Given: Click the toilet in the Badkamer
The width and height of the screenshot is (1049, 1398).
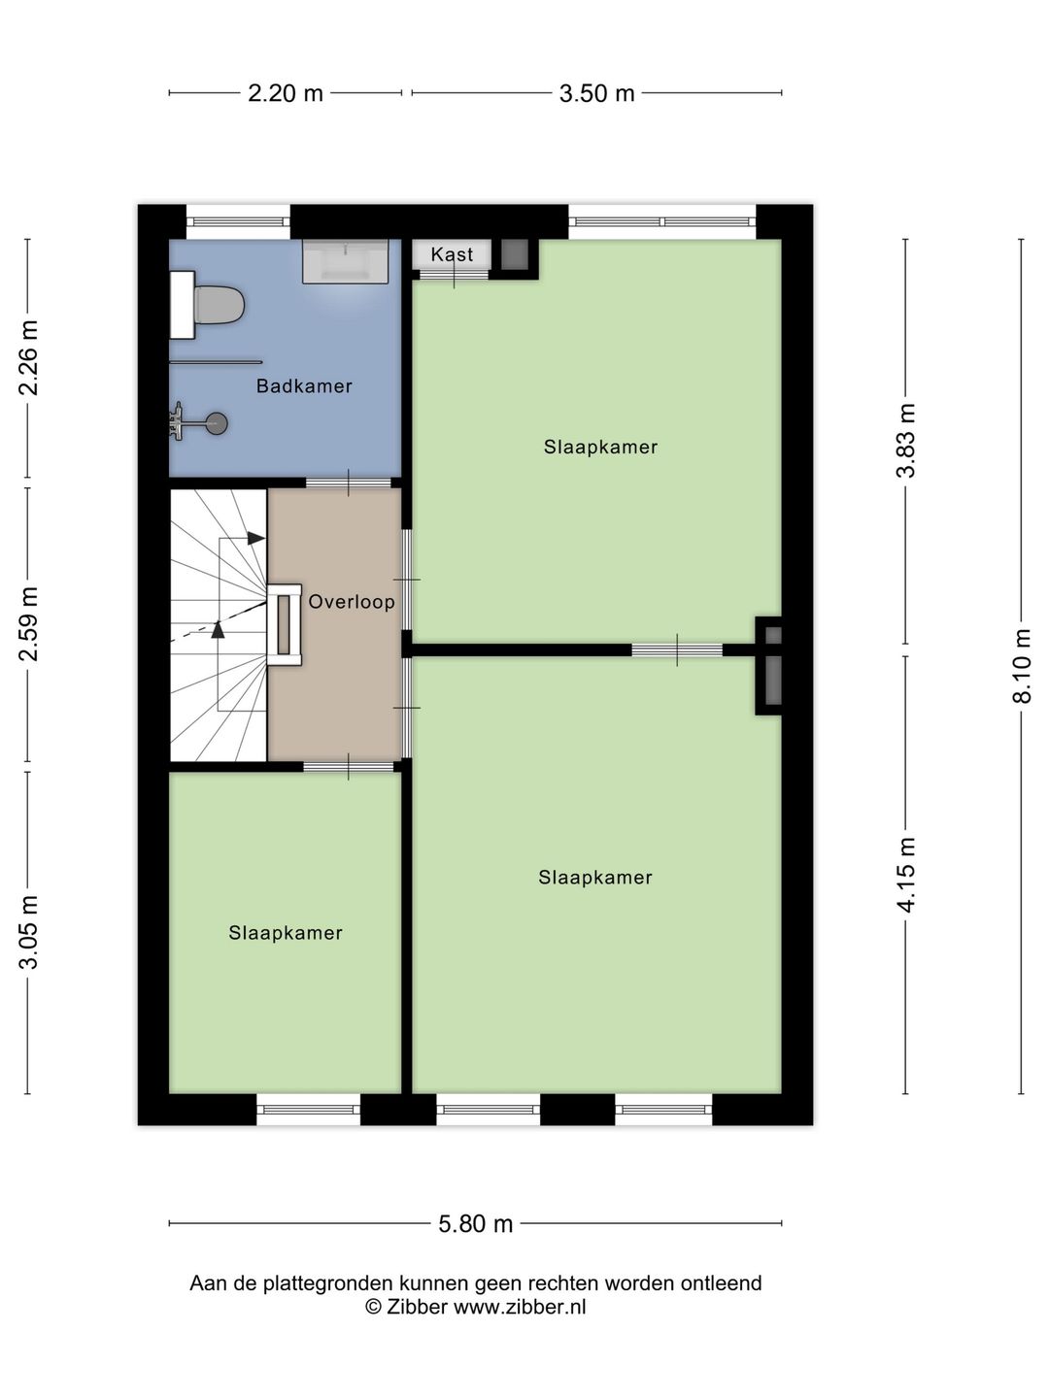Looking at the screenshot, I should click(x=218, y=305).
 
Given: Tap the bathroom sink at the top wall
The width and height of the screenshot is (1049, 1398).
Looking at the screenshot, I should click(x=345, y=260).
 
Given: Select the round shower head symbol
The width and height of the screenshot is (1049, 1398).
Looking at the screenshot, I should click(x=218, y=423).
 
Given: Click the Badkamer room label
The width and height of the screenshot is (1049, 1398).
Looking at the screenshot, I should click(x=304, y=386).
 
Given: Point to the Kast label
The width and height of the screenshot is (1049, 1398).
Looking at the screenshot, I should click(x=452, y=254).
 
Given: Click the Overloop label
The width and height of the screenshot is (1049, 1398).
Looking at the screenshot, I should click(x=352, y=602).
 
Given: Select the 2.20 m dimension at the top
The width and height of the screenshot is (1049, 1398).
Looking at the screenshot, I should click(x=286, y=93).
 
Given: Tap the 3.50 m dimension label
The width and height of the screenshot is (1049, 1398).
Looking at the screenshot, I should click(x=596, y=93).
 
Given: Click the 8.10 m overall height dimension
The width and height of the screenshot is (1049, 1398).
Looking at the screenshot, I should click(x=1021, y=666).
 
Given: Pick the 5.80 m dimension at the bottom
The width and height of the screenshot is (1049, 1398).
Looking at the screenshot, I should click(x=475, y=1223).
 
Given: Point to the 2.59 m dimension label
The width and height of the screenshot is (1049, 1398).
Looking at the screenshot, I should click(x=29, y=623).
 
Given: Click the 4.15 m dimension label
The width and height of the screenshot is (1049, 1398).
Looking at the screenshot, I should click(x=906, y=874).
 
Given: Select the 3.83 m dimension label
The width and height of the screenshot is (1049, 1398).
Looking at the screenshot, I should click(x=906, y=440).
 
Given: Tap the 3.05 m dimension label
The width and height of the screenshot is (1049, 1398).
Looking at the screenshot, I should click(x=29, y=932).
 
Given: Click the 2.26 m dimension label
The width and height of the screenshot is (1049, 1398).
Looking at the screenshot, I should click(x=29, y=357).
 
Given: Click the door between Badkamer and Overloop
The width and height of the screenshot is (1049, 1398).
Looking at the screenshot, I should click(x=349, y=483).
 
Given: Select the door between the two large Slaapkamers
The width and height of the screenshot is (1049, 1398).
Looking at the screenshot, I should click(x=677, y=650).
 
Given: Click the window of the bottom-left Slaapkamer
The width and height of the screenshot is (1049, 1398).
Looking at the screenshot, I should click(x=309, y=1109).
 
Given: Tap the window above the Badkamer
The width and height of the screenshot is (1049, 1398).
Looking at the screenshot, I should click(x=238, y=221).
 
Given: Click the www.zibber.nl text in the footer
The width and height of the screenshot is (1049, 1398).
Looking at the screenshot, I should click(x=520, y=1307).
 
